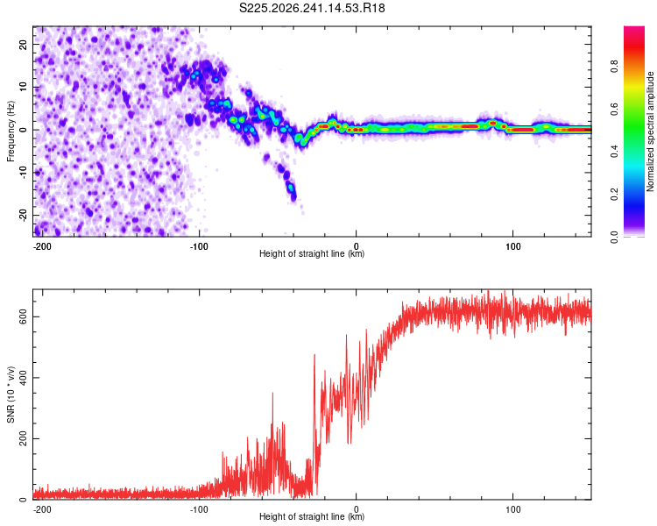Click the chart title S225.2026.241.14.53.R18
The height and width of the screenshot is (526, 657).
click(x=312, y=8)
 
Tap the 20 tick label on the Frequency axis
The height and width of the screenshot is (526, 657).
click(x=24, y=45)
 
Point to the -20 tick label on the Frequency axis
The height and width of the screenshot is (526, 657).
click(x=24, y=215)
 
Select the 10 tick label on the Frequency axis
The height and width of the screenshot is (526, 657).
click(x=24, y=87)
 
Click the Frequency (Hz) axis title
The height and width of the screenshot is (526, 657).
click(x=11, y=131)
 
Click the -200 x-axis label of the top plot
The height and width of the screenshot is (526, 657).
click(x=41, y=246)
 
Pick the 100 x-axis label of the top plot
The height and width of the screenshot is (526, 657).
click(x=512, y=246)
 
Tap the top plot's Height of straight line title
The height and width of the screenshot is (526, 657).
click(x=312, y=253)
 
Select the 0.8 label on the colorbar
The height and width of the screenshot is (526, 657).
click(x=614, y=67)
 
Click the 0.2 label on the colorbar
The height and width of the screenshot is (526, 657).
click(x=614, y=195)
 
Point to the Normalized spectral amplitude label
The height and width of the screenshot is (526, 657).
click(x=650, y=131)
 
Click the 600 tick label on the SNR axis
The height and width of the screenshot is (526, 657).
click(x=24, y=316)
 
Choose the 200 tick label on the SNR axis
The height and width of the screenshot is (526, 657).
click(x=24, y=438)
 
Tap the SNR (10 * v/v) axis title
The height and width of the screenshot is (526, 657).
click(x=11, y=394)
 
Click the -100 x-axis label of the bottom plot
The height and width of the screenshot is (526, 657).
click(x=199, y=509)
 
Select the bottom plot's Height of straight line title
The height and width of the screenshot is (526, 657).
click(x=312, y=516)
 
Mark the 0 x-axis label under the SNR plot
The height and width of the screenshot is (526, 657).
click(x=357, y=509)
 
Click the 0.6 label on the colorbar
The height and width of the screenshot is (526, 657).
click(x=614, y=109)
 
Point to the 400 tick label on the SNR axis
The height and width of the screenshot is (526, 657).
click(x=24, y=378)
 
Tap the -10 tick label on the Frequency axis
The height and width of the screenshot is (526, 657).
click(x=24, y=173)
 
